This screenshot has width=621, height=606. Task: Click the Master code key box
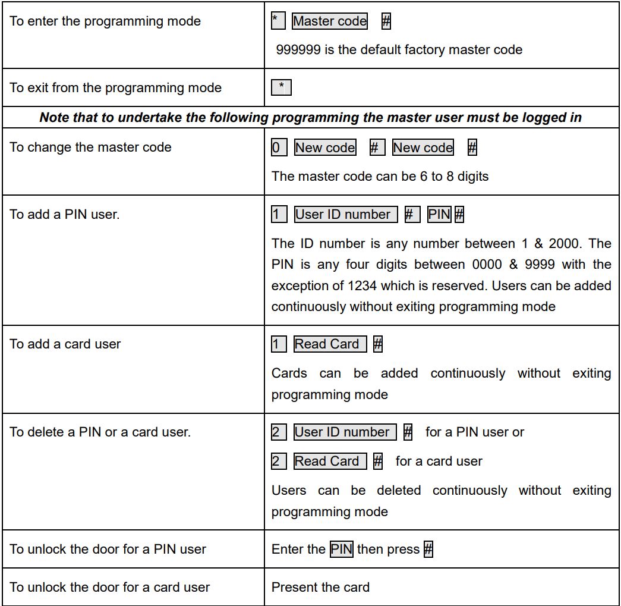tap(330, 21)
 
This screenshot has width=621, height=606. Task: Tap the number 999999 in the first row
tap(299, 50)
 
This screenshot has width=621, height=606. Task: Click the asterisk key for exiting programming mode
tap(281, 88)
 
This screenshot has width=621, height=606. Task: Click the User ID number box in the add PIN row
tap(346, 214)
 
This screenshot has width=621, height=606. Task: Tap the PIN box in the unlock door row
tap(342, 549)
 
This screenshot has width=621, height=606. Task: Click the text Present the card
tap(320, 588)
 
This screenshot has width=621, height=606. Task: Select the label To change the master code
tap(90, 147)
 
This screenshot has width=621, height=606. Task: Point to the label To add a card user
tap(65, 344)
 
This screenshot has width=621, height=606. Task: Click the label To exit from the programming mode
tap(115, 88)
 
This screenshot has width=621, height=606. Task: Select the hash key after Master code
tap(386, 21)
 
